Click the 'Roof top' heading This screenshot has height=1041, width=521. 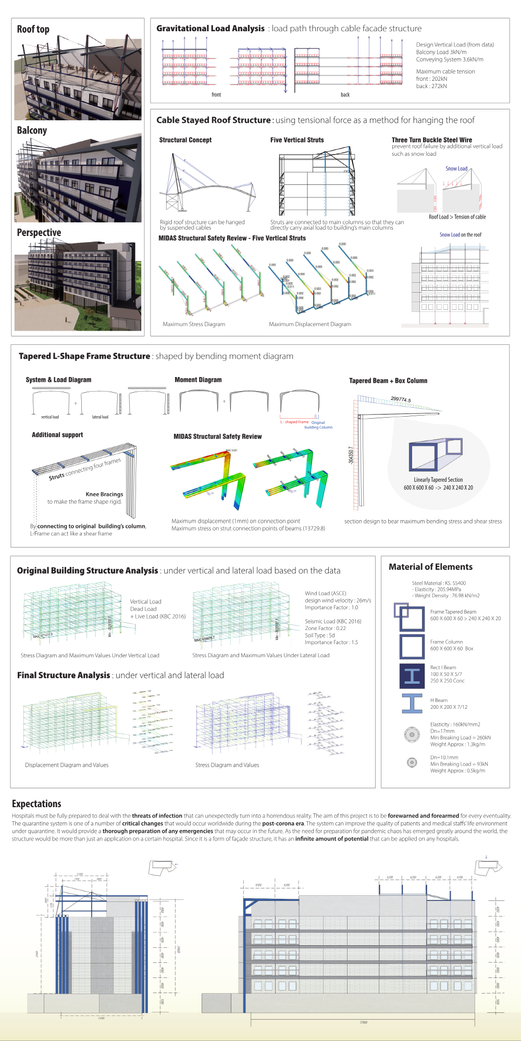pos(33,29)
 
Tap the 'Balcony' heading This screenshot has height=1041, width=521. pos(32,130)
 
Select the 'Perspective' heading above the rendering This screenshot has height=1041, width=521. pos(39,232)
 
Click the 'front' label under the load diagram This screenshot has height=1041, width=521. pos(216,95)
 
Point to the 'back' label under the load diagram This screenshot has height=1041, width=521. pos(345,95)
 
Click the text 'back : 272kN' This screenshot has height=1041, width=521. pos(431,86)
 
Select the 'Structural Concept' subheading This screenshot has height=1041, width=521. pos(185,140)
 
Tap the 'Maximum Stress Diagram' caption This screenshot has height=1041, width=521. pos(194,324)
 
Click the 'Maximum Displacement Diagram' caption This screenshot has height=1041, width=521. pos(310,324)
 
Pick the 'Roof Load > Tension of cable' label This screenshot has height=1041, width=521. pos(457,217)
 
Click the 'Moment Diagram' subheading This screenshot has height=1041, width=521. pos(198,380)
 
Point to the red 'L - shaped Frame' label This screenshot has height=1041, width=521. pos(294,422)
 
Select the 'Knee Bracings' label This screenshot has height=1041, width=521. pos(104,494)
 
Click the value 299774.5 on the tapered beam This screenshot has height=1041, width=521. pos(401,399)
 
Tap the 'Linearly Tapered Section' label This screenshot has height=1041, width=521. pos(438,480)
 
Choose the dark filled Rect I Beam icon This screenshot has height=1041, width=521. pos(412,676)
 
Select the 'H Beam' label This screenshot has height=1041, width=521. pos(439,700)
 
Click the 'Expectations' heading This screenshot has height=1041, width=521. pos(36,804)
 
